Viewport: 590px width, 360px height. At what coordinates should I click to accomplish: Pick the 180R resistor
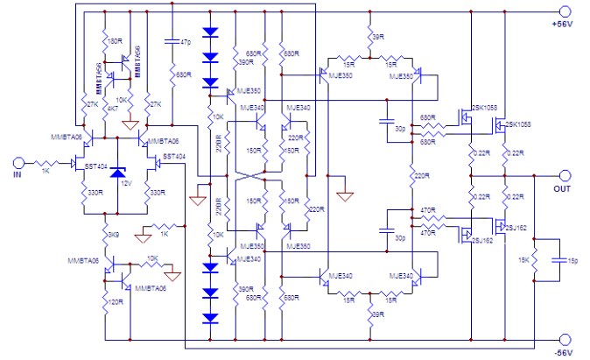pyautogui.click(x=105, y=41)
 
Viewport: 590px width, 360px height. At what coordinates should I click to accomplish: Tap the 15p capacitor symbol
pyautogui.click(x=558, y=260)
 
